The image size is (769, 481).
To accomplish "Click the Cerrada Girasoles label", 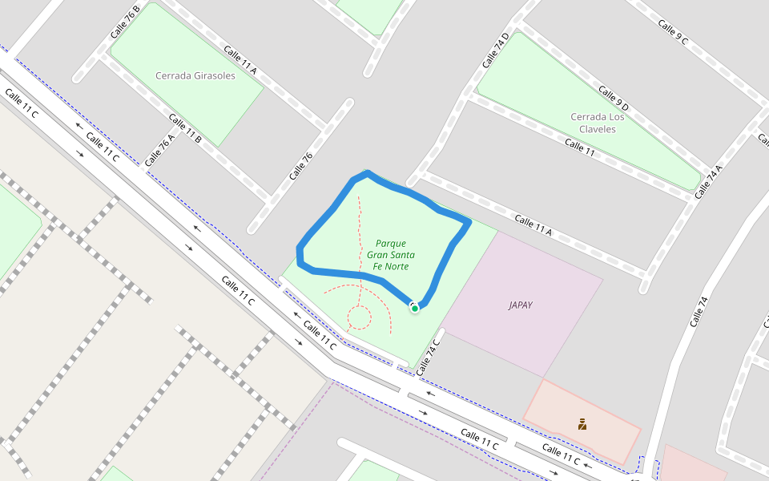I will coord(195,76).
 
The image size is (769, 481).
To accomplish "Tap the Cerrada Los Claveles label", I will coord(598,123).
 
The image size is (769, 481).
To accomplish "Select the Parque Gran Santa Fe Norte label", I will coord(390,255).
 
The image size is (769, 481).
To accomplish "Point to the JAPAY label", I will coord(521,305).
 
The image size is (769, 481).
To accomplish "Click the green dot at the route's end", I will coord(415,308).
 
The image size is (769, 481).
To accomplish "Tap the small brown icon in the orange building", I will coord(582,423).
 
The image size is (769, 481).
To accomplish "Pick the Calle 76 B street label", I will coord(126,22).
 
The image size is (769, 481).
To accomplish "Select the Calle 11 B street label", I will coord(185,128).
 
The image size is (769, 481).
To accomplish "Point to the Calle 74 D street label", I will coord(496,51).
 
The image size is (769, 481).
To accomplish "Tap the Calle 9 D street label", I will coord(613,97).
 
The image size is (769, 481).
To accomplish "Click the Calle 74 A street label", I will coord(708,182).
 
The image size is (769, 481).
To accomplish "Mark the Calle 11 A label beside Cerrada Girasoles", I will coord(240,60).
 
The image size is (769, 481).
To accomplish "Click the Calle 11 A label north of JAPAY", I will coord(533,225).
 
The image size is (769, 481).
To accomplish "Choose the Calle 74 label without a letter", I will coord(699,312).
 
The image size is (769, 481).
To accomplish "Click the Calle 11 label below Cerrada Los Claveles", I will coord(580,145).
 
